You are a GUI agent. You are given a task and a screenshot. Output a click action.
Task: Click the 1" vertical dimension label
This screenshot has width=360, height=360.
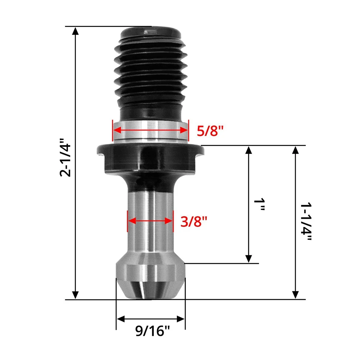pyautogui.click(x=260, y=204)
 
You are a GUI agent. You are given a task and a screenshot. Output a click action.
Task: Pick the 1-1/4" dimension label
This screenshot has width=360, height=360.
pyautogui.click(x=307, y=222)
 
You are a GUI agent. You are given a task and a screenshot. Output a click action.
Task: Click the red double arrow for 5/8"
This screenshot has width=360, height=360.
pyautogui.click(x=150, y=130)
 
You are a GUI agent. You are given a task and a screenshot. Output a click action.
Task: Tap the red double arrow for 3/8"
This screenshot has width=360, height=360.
pyautogui.click(x=150, y=221)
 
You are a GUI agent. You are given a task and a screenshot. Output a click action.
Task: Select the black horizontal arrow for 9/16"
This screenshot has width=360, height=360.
pyautogui.click(x=150, y=319)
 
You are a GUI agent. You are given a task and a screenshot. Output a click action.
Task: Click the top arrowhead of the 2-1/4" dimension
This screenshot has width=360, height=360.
pyautogui.click(x=75, y=31)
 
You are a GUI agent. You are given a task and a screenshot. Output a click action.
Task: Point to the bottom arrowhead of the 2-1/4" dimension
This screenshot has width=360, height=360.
pyautogui.click(x=75, y=295)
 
